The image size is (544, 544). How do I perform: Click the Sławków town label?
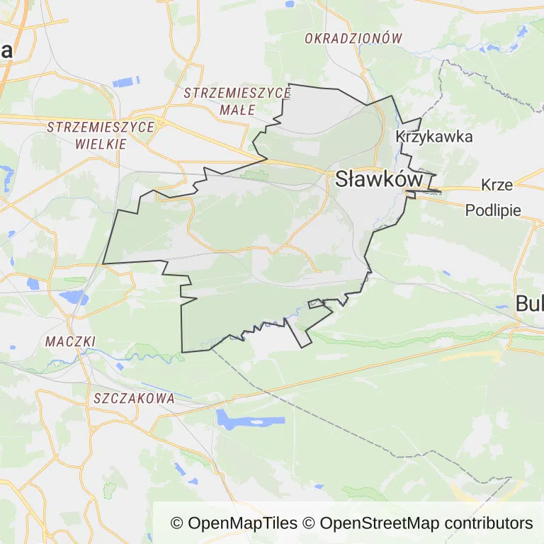pos(378,179)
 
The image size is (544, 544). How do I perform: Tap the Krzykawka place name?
pos(433,137)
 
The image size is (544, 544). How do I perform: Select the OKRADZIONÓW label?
pos(353,39)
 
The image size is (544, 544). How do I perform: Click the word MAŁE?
pos(237,110)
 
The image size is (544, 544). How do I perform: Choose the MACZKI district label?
pos(70,341)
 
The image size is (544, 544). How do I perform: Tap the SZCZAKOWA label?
pos(134,399)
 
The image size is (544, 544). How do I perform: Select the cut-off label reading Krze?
pos(497,185)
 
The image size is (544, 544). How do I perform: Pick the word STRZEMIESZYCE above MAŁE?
pos(237,93)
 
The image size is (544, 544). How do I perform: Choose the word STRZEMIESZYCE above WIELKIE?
pos(101,127)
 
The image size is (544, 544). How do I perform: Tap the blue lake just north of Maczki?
pos(74,297)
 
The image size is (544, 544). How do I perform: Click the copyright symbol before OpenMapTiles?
pos(177,523)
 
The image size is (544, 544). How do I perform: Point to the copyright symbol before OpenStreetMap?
pos(309,523)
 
